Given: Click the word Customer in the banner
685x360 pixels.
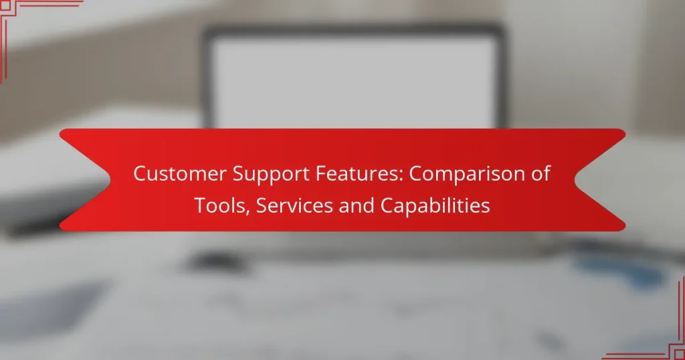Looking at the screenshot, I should click(175, 174).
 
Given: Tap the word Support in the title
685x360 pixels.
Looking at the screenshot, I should click(262, 174).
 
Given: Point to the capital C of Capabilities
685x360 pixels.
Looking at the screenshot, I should click(387, 206).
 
